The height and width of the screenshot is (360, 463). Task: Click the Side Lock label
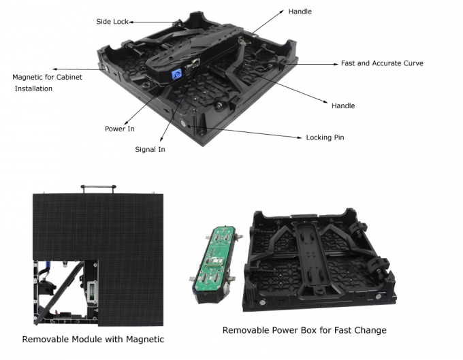tap(112, 22)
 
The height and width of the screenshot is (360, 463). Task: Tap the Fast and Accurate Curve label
tap(382, 63)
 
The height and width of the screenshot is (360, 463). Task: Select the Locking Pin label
tap(325, 137)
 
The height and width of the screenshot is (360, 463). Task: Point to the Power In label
tap(120, 129)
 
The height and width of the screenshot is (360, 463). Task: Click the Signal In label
tap(150, 149)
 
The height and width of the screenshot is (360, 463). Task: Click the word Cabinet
tap(69, 77)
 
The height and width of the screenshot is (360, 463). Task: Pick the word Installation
tap(33, 88)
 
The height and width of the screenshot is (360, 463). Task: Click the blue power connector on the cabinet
tap(177, 73)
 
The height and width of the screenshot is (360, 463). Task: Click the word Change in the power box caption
tap(371, 330)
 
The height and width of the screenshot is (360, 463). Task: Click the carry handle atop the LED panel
tap(98, 189)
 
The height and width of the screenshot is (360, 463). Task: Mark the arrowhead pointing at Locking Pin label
tap(300, 137)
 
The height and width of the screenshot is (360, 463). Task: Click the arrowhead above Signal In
tap(161, 140)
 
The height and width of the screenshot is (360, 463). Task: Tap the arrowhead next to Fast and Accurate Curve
tap(336, 64)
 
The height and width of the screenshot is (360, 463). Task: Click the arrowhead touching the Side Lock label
tap(131, 22)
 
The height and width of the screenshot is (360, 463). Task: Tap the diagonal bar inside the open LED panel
tap(59, 293)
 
